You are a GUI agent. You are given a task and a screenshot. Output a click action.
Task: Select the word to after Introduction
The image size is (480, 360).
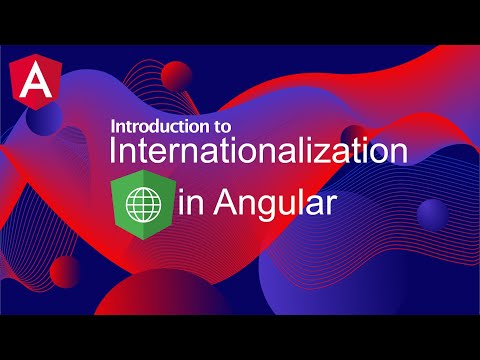pos(220,128)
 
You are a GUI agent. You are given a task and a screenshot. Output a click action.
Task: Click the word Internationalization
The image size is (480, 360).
pos(258,153)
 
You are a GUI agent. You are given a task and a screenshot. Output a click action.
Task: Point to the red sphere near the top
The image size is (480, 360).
pos(178,75)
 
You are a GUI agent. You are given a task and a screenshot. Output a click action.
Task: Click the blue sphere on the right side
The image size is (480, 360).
pos(433,213)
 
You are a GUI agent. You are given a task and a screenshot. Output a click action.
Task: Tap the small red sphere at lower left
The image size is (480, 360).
pos(65,268)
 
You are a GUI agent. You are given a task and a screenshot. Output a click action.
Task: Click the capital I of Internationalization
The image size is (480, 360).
pos(113,153)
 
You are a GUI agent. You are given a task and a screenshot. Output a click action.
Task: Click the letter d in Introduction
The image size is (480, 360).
pos(149,128)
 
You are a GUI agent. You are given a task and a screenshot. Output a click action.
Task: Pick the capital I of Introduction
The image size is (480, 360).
pos(112,128)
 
